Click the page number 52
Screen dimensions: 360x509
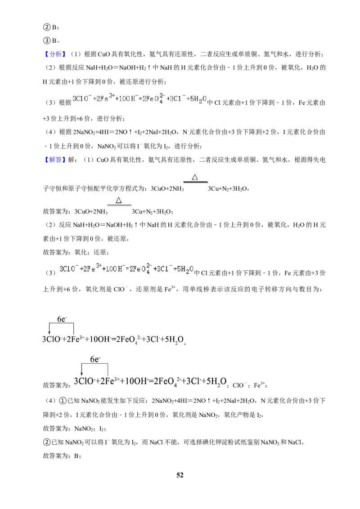[x=180, y=475]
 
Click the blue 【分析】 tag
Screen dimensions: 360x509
[x=54, y=54]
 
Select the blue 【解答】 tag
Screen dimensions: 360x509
[x=54, y=160]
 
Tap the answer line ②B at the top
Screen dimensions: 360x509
[x=51, y=27]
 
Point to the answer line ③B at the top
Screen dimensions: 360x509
[x=51, y=41]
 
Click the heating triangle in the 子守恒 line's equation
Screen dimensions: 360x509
[x=195, y=177]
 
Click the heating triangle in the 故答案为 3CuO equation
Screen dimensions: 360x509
[x=119, y=200]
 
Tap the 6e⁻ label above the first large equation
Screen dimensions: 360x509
[x=62, y=319]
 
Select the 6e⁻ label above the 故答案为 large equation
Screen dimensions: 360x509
[x=95, y=359]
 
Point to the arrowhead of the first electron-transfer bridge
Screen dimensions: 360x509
[x=49, y=332]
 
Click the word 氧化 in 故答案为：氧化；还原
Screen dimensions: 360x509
[x=81, y=253]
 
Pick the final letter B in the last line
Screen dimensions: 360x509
[x=76, y=456]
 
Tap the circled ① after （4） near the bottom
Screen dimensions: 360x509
[x=63, y=401]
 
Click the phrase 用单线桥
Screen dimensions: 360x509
[x=193, y=289]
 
